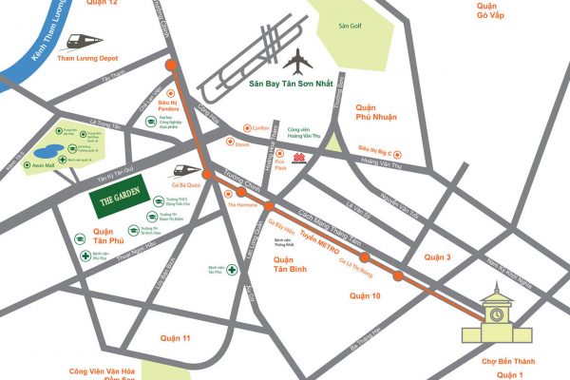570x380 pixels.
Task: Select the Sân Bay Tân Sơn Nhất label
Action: pos(292,85)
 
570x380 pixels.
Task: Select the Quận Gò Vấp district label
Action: pos(500,11)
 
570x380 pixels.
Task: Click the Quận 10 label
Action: pos(366,295)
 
